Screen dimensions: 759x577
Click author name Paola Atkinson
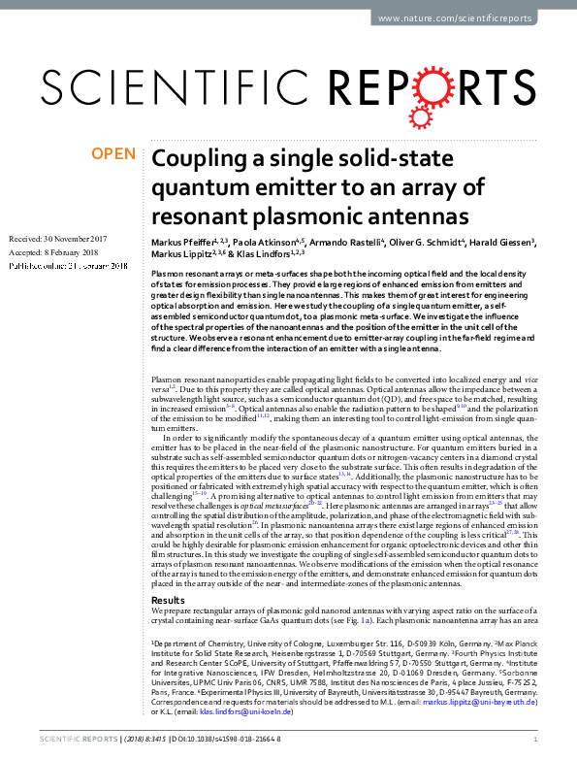pos(271,240)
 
